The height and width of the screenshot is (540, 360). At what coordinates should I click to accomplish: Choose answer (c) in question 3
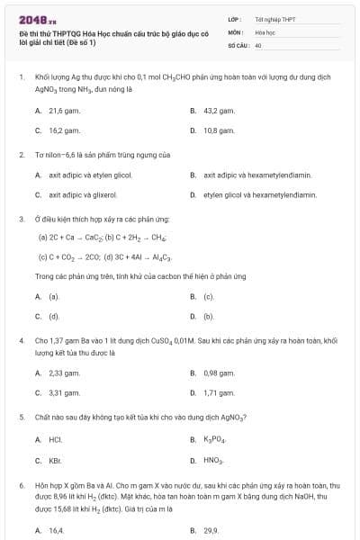(208, 296)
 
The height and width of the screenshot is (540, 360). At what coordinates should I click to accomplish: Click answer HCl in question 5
(55, 438)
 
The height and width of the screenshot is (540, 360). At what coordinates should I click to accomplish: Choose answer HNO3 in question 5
(212, 460)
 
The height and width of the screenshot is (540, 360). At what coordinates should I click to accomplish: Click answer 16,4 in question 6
(56, 530)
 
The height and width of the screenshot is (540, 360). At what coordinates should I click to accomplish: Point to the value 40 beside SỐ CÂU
(258, 44)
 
